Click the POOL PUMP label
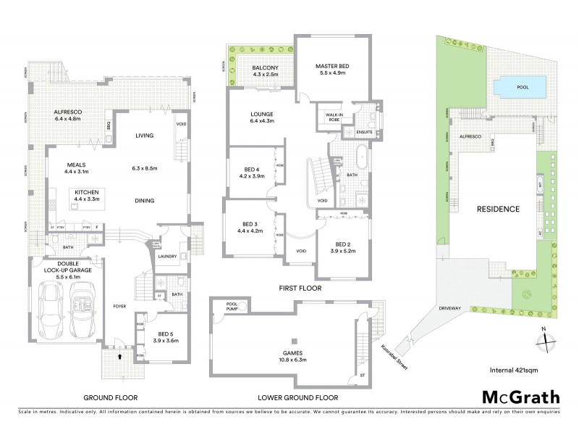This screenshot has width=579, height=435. point(232,307)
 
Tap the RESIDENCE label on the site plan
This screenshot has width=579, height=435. point(498,209)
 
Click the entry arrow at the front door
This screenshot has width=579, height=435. point(119,357)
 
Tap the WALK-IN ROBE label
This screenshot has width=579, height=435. point(334,117)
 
